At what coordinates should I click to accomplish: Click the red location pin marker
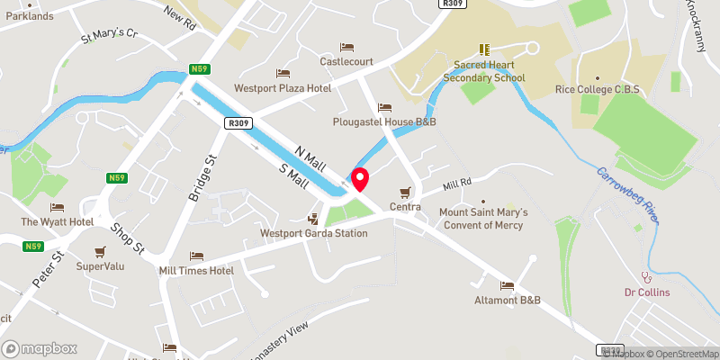[359, 178]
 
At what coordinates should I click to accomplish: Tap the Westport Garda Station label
[313, 233]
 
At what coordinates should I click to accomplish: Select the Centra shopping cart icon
[405, 192]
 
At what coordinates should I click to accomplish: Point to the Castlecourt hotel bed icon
[346, 47]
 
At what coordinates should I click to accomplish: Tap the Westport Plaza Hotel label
[283, 88]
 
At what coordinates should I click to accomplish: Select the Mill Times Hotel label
[196, 270]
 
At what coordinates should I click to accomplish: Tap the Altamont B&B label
[508, 300]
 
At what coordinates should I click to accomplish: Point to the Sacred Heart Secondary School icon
[484, 50]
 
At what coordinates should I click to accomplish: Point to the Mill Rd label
[457, 186]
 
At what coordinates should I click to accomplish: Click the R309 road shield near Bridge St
[238, 123]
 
